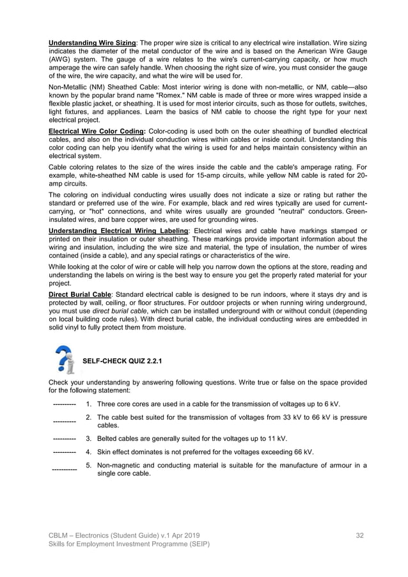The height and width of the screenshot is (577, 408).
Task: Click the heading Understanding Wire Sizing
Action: pos(92,43)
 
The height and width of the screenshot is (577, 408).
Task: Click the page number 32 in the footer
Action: pos(360,534)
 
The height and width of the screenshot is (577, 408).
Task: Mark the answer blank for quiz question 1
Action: pos(63,406)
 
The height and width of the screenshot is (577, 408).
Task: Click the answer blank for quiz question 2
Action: pos(63,422)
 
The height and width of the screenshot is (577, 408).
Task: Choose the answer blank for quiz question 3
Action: pos(63,439)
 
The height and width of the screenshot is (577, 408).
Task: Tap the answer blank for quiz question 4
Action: pos(63,452)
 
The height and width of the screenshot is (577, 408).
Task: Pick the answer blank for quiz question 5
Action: pos(63,469)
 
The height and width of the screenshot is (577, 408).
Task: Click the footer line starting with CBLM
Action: pos(124,534)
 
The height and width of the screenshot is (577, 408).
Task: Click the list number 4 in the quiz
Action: pos(88,452)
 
